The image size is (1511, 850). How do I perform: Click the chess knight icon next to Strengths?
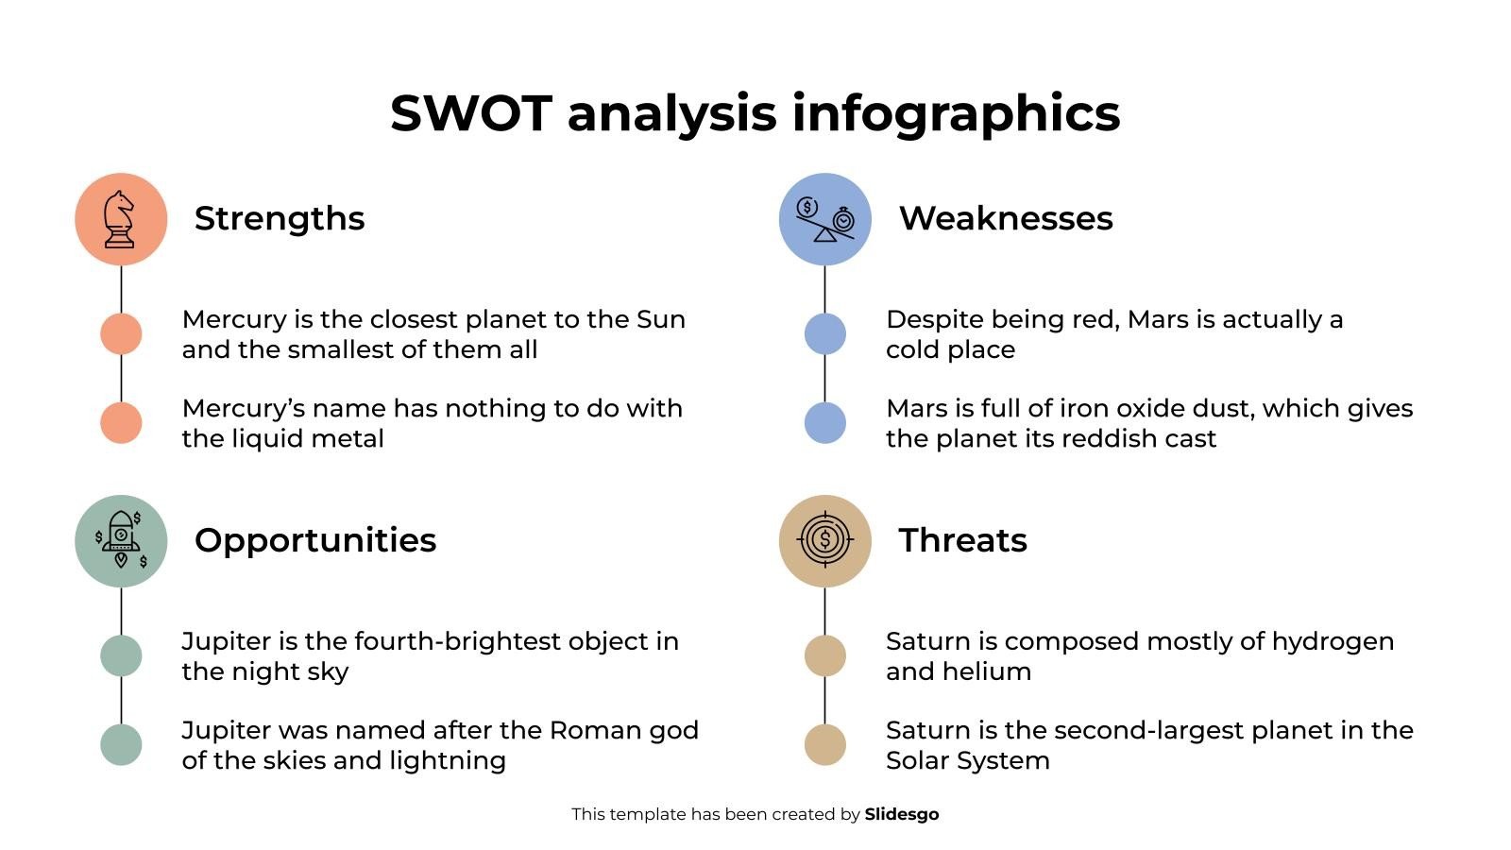point(120,219)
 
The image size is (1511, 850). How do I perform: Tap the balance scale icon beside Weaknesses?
point(824,219)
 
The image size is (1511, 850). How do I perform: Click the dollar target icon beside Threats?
point(824,540)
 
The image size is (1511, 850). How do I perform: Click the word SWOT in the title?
point(470,113)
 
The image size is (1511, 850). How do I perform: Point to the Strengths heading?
point(280,218)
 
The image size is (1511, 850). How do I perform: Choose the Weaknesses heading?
point(1005,218)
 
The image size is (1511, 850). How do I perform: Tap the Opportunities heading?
point(315,540)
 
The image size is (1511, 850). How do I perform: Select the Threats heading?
point(962,540)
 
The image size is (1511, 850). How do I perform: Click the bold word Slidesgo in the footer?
point(901,814)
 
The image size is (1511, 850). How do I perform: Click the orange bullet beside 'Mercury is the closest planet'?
point(121,334)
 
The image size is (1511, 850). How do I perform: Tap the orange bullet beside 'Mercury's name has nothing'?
point(121,422)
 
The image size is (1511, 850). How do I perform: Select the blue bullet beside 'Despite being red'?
point(824,334)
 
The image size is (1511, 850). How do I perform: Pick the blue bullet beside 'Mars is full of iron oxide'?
point(824,422)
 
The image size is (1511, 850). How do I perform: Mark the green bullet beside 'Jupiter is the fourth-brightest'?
point(121,655)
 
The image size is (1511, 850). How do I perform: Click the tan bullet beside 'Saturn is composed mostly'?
point(824,655)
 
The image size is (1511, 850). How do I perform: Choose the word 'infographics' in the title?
point(956,113)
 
